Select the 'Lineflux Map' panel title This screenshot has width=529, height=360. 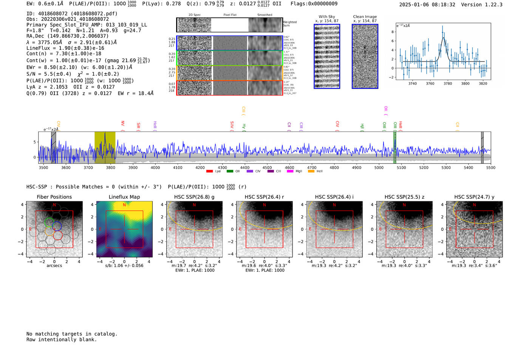(124, 197)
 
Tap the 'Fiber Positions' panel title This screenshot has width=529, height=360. (54, 197)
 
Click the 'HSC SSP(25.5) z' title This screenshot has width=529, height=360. (404, 197)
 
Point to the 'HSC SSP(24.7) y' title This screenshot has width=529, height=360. (474, 197)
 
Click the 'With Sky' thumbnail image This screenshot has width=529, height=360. (327, 56)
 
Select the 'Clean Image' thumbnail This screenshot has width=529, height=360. (365, 56)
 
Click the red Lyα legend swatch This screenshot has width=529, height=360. (209, 172)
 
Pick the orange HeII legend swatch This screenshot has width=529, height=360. (311, 172)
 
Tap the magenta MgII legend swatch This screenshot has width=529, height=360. (290, 172)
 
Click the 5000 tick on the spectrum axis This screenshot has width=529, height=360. (379, 168)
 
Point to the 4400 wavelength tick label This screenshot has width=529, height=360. (245, 168)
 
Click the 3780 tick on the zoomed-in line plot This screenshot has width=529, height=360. (448, 83)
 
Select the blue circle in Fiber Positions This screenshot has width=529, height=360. (57, 226)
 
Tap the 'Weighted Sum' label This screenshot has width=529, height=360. (290, 24)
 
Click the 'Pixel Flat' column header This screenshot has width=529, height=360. (230, 15)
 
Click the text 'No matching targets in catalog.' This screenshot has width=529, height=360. (72, 334)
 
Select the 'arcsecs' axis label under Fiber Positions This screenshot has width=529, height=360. (54, 266)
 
